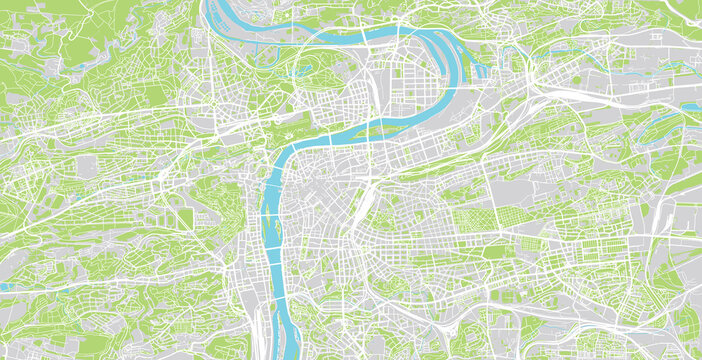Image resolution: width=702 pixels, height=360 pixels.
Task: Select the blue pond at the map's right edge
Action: (x=691, y=105)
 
